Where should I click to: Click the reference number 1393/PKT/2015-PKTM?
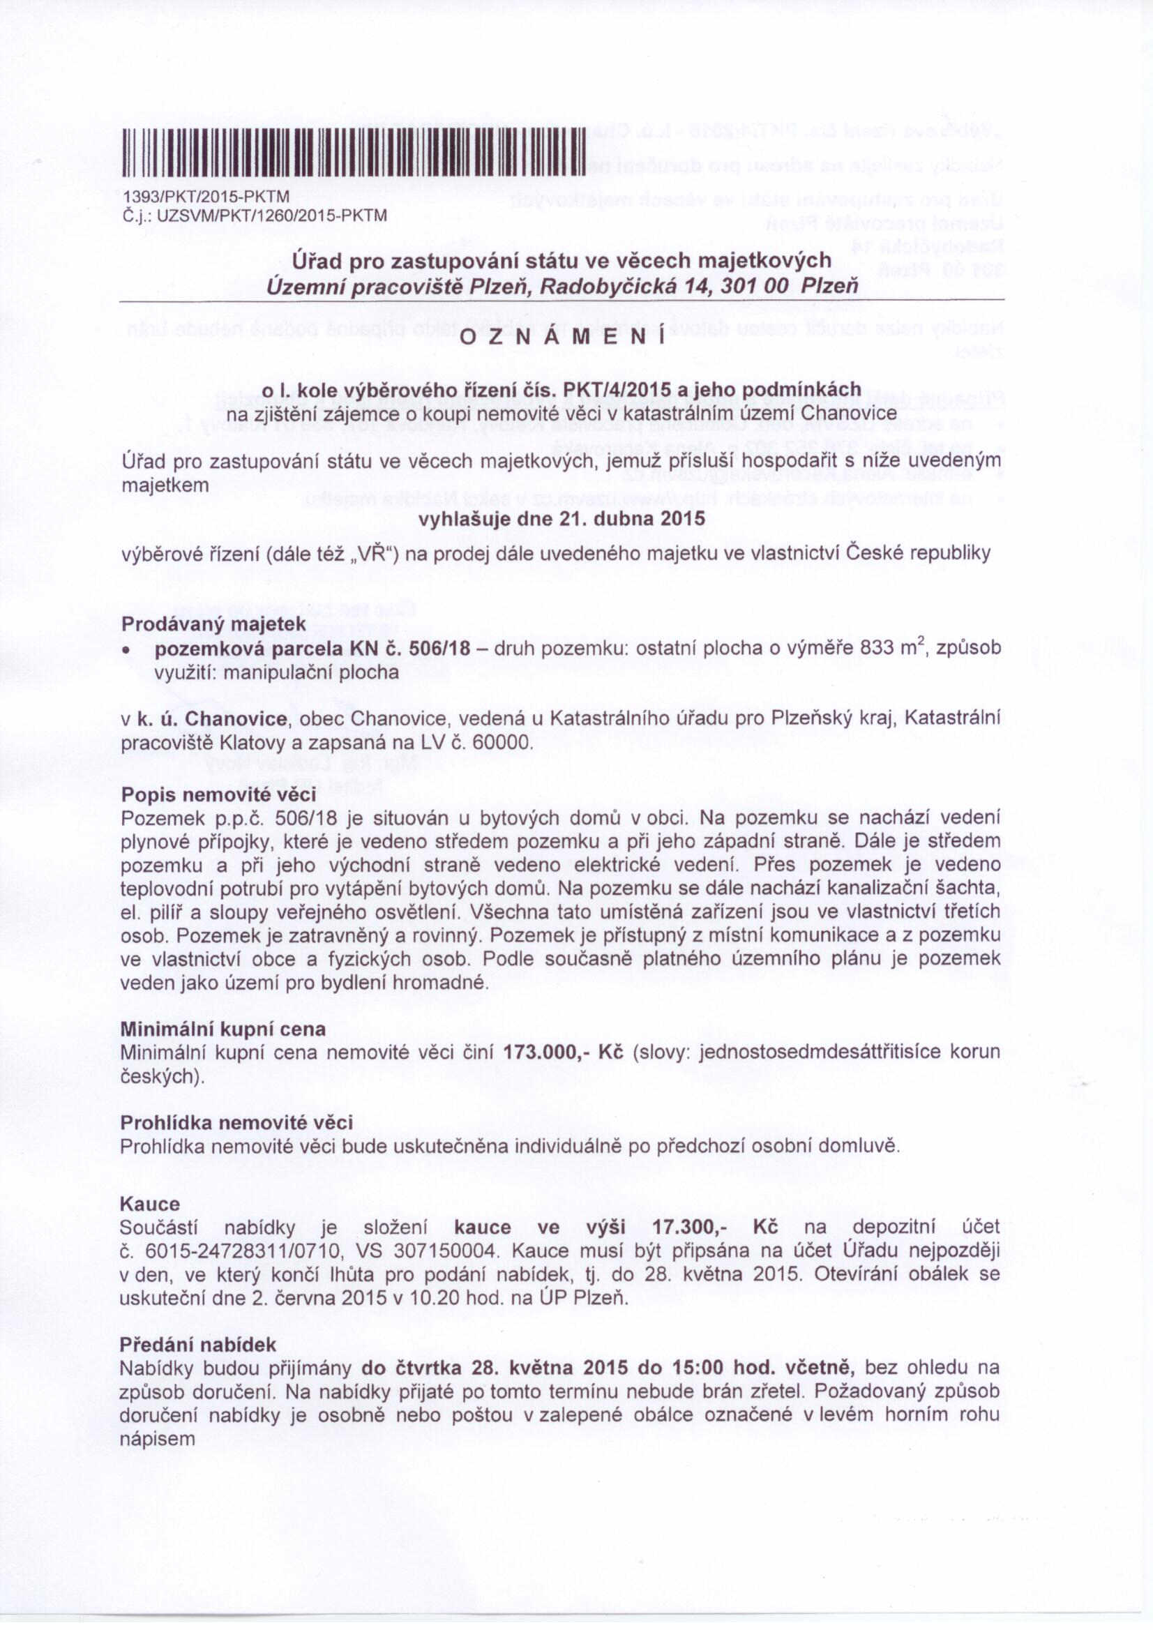[206, 197]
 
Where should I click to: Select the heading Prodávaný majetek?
[213, 624]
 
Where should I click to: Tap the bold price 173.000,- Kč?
[563, 1052]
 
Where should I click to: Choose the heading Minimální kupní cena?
[223, 1029]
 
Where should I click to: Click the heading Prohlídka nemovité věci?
[236, 1122]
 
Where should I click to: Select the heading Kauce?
[150, 1204]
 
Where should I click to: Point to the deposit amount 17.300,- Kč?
[714, 1228]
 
